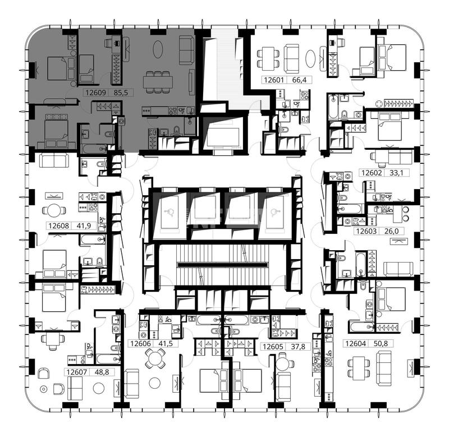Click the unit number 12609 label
pos(96,93)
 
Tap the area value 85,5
pos(121,93)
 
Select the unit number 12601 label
pos(274,80)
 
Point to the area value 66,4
pos(299,80)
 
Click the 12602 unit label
pos(372,173)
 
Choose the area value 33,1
pos(396,173)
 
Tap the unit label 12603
pos(366,231)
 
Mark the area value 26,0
pos(391,231)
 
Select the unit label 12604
pos(356,343)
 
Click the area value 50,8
pos(381,343)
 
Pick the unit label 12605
pos(273,347)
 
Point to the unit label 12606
pos(141,343)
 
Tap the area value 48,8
pos(102,372)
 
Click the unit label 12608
pos(59,226)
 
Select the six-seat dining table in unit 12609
pos(158,82)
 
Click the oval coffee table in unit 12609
pos(158,49)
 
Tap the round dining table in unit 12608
pos(54,210)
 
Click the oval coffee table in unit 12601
pos(310,58)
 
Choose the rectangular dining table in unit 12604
pos(359,369)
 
